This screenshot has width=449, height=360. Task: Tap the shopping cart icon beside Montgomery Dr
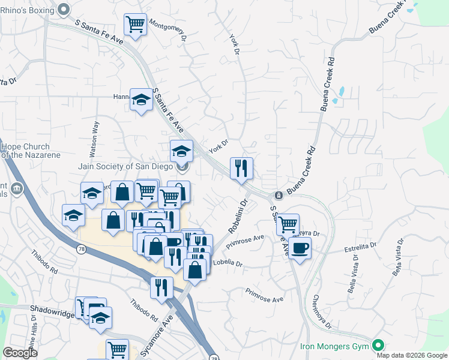tap(136, 25)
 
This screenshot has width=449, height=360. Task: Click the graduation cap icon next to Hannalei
tap(141, 100)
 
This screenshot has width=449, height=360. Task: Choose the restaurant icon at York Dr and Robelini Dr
tap(241, 169)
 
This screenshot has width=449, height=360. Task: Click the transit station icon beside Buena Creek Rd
tap(279, 196)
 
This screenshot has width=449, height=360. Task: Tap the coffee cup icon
tap(300, 247)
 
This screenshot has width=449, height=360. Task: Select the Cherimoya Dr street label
tap(322, 313)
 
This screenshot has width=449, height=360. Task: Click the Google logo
tap(20, 353)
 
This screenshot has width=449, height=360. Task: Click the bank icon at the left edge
tap(16, 190)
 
